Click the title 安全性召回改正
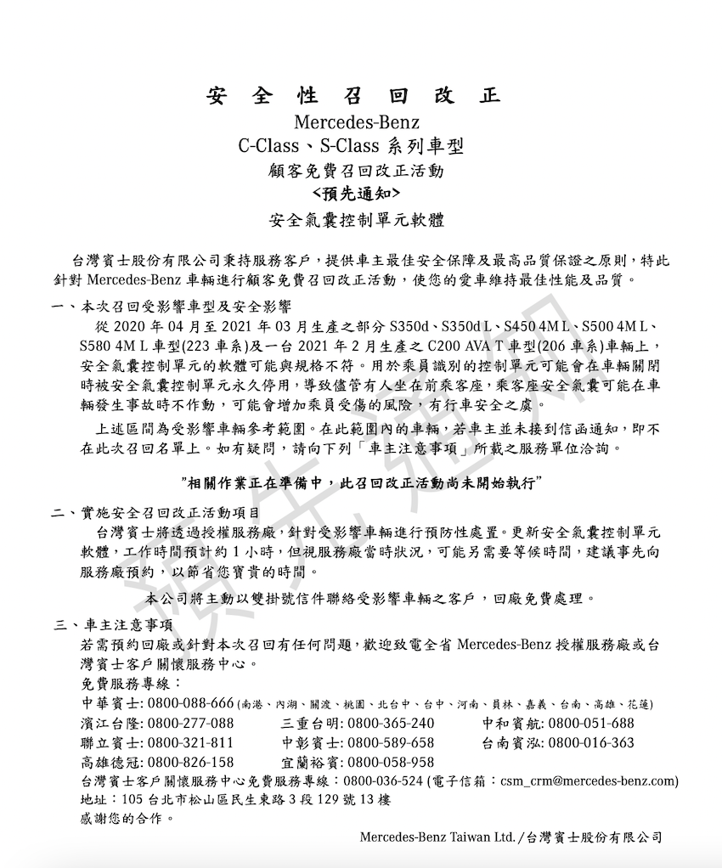(353, 95)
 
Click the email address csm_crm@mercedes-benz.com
(588, 781)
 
